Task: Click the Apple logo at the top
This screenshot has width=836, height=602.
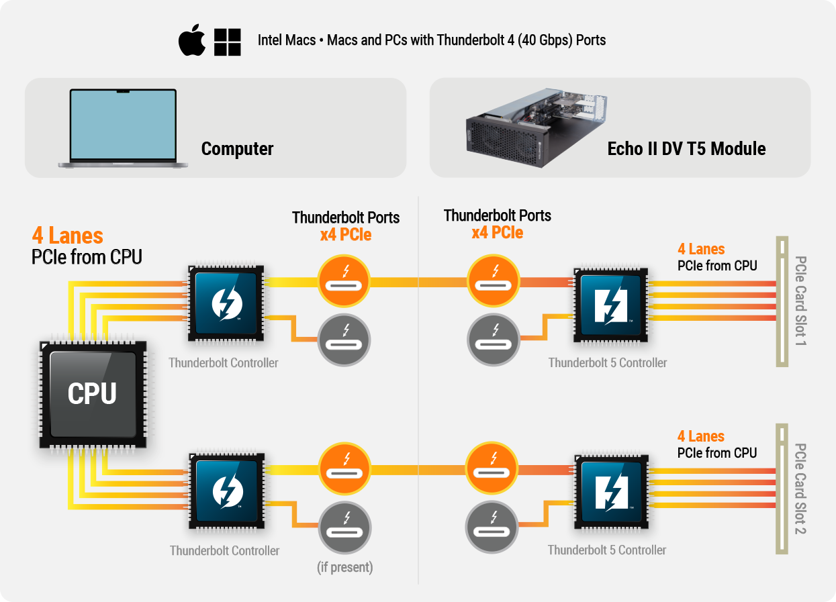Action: (x=192, y=42)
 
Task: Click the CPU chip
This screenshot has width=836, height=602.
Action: (x=92, y=393)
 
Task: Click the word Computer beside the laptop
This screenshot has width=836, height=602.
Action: (x=237, y=148)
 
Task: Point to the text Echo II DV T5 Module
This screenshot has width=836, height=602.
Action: (x=686, y=148)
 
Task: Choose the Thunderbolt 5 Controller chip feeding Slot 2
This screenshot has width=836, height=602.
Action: (x=610, y=491)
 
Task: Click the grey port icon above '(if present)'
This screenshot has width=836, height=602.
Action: (x=344, y=527)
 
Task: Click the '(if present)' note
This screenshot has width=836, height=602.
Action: (x=344, y=567)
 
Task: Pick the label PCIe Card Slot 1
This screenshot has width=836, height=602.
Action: (x=800, y=301)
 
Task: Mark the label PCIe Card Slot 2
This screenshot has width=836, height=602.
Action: (x=800, y=489)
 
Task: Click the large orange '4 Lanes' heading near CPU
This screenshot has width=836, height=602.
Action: (x=68, y=236)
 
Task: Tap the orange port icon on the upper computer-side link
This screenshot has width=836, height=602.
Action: (x=344, y=281)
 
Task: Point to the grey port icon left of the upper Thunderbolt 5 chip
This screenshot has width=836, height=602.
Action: (x=493, y=339)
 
